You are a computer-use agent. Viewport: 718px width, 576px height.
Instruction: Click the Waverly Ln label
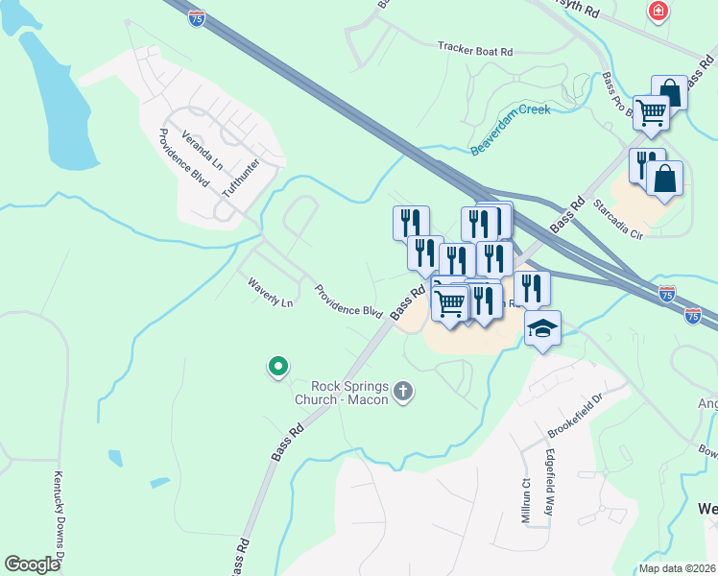[x=270, y=293]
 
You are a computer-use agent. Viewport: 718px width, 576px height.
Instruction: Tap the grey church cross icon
[x=403, y=391]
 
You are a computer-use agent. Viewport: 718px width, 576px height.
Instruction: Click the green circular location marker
[x=277, y=366]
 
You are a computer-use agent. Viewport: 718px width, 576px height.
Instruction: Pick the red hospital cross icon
[x=658, y=12]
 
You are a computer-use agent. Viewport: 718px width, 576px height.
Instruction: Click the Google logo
[x=33, y=564]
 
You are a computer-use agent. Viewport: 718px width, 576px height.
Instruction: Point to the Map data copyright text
[x=676, y=568]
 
